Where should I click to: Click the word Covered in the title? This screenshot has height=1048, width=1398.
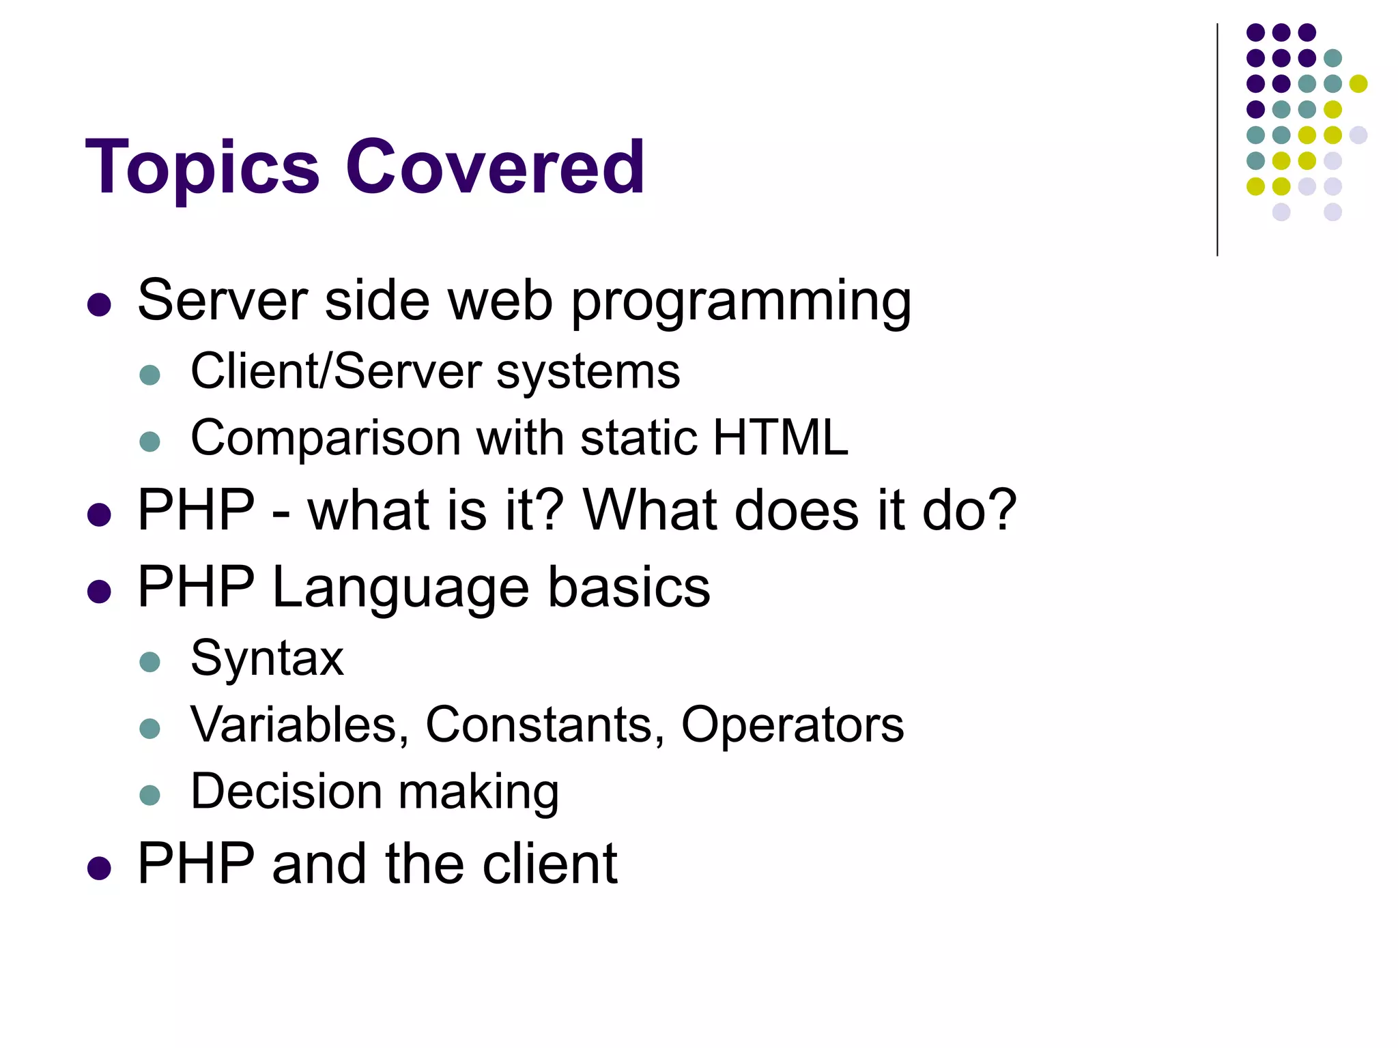point(495,167)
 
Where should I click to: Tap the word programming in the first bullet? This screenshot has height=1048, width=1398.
point(741,302)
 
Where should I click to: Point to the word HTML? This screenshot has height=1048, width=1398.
point(780,437)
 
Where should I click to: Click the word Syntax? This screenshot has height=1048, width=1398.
point(267,660)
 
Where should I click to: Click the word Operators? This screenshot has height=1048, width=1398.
point(792,725)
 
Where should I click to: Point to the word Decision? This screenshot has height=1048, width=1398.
point(286,791)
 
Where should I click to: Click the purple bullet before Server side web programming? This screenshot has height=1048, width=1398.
point(100,304)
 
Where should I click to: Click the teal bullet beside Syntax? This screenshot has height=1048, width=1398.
point(149,662)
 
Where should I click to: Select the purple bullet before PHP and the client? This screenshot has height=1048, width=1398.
point(100,868)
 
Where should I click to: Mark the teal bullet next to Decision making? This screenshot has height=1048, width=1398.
point(149,795)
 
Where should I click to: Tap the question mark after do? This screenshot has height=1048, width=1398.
point(1002,510)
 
